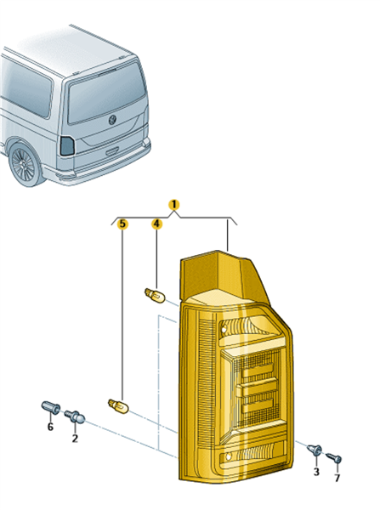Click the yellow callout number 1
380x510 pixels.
(173, 205)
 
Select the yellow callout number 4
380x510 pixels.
(156, 224)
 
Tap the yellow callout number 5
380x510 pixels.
(122, 224)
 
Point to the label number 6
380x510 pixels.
(50, 427)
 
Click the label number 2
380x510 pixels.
(75, 438)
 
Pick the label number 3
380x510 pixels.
(316, 471)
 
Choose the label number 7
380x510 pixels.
(337, 478)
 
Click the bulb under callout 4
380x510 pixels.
(155, 295)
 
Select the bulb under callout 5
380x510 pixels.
(118, 406)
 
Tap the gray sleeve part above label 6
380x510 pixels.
(51, 407)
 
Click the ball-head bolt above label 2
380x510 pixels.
(75, 416)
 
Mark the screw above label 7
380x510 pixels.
(334, 457)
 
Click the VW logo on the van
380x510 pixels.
(112, 119)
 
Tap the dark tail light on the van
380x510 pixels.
(67, 145)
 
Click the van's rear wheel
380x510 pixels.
(24, 165)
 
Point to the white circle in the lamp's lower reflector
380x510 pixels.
(229, 457)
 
